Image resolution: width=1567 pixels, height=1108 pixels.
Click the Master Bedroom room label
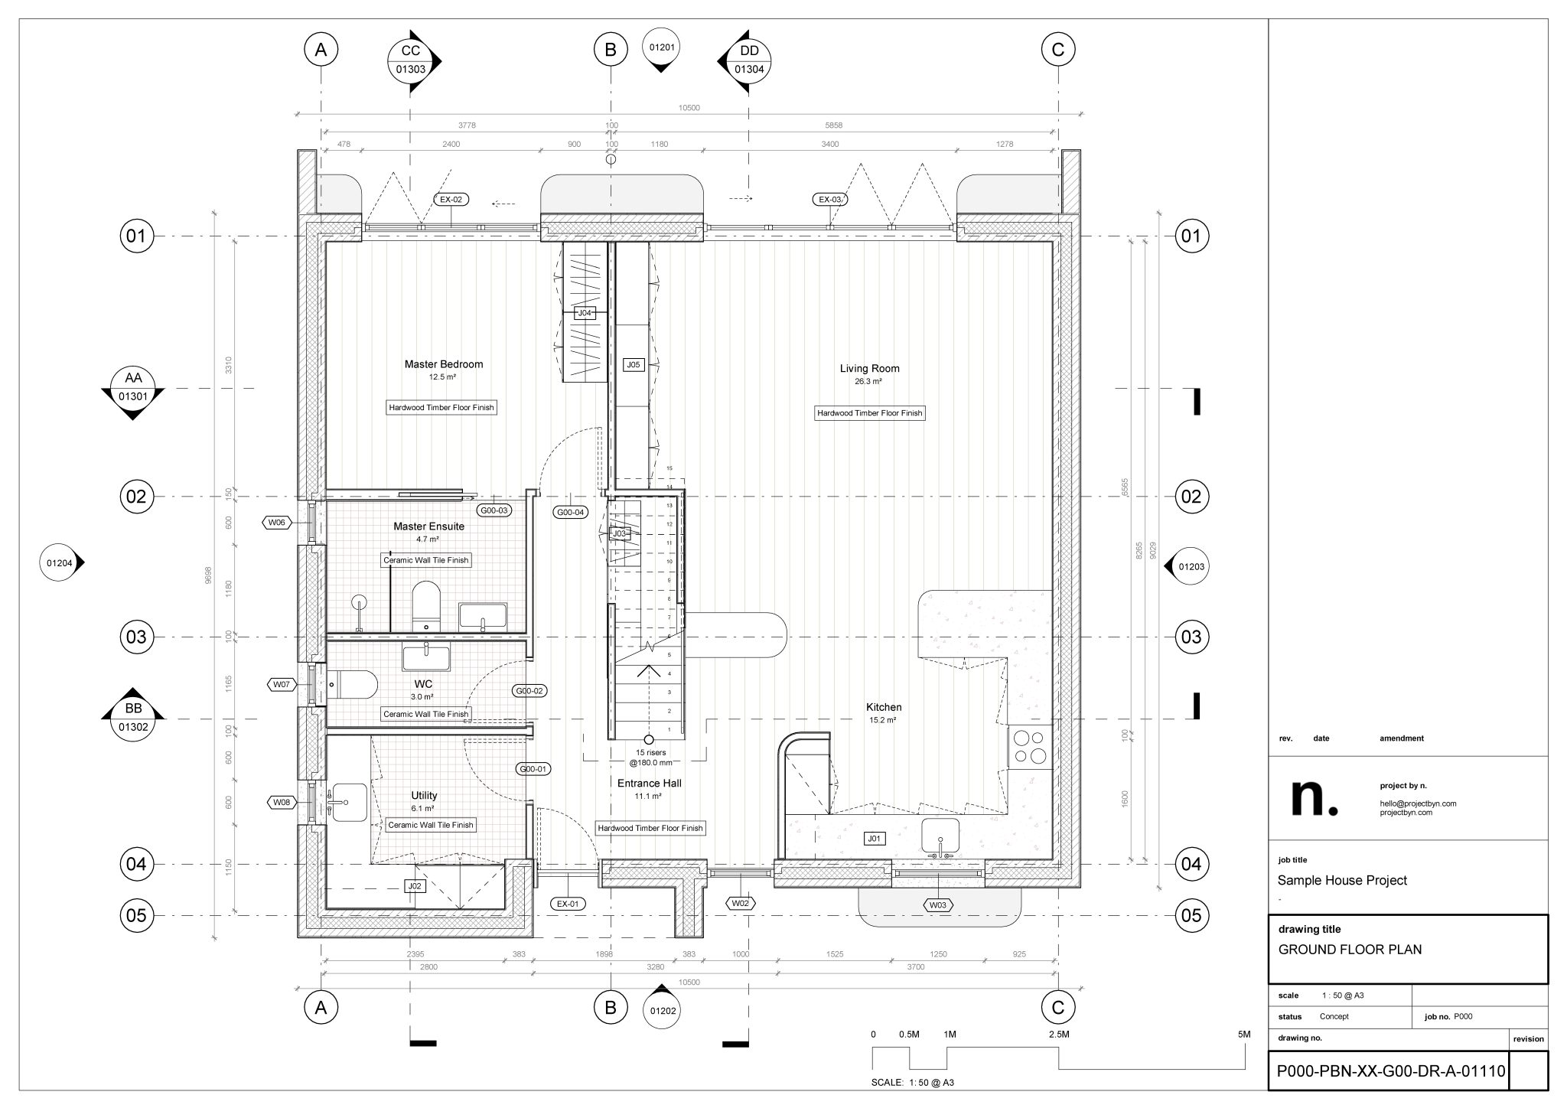click(444, 364)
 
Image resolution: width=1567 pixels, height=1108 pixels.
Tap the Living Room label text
click(869, 368)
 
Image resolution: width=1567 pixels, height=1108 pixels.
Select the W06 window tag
click(277, 523)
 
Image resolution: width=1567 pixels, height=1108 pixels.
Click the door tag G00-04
click(571, 512)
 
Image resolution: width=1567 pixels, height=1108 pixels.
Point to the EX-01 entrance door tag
click(568, 904)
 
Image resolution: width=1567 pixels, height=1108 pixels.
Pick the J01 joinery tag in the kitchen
click(875, 839)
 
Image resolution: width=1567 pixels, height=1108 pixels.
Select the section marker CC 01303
click(411, 60)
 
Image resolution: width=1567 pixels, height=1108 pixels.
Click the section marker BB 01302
click(133, 719)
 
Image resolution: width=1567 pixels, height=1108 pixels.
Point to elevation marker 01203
click(1191, 567)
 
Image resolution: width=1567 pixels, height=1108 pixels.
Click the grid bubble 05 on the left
click(135, 915)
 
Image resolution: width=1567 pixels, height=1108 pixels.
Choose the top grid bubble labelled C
click(1058, 50)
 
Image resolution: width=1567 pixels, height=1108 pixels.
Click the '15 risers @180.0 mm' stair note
click(650, 758)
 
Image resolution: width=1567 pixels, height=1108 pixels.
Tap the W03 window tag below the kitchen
click(938, 905)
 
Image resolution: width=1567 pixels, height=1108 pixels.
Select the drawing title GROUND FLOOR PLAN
click(1350, 950)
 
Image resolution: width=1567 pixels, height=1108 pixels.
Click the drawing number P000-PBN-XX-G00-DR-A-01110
click(1389, 1071)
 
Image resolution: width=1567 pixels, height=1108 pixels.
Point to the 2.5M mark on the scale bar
click(1059, 1035)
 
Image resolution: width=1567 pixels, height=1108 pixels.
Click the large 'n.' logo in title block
click(1314, 797)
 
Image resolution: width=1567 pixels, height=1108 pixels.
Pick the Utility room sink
click(350, 802)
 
